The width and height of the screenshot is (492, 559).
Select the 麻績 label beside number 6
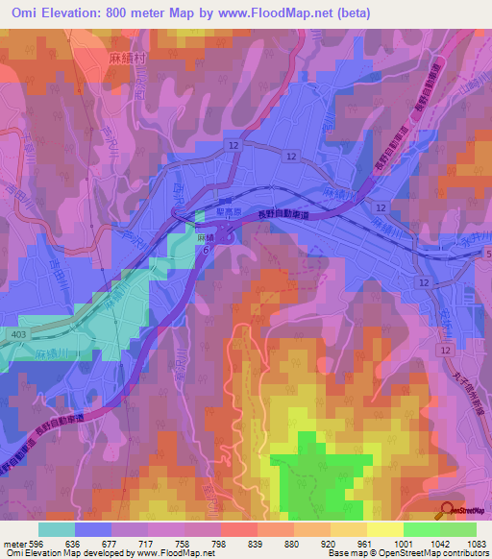(203, 237)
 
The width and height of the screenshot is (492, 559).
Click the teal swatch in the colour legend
(57, 529)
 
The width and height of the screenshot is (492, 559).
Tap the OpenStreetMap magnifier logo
(446, 512)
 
